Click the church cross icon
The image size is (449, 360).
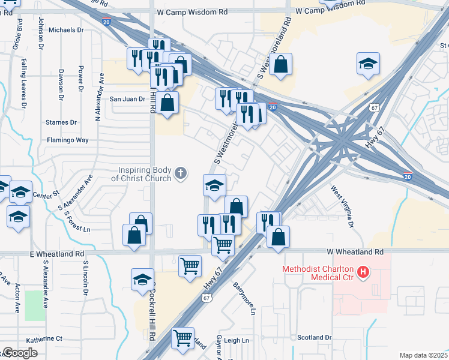pyautogui.click(x=179, y=174)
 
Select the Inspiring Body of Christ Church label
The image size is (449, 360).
pyautogui.click(x=142, y=174)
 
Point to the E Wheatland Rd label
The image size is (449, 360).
pyautogui.click(x=57, y=254)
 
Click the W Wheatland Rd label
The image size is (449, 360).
pyautogui.click(x=355, y=251)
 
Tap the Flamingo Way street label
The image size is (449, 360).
pyautogui.click(x=68, y=140)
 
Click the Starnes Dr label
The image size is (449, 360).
pyautogui.click(x=62, y=122)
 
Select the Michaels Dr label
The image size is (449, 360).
pyautogui.click(x=67, y=29)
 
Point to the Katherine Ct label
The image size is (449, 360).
pyautogui.click(x=43, y=338)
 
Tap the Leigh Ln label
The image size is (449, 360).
pyautogui.click(x=237, y=340)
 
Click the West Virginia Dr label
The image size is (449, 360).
pyautogui.click(x=343, y=206)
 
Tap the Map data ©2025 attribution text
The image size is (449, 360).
pyautogui.click(x=423, y=355)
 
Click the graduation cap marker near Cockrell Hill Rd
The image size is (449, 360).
pyautogui.click(x=143, y=280)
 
